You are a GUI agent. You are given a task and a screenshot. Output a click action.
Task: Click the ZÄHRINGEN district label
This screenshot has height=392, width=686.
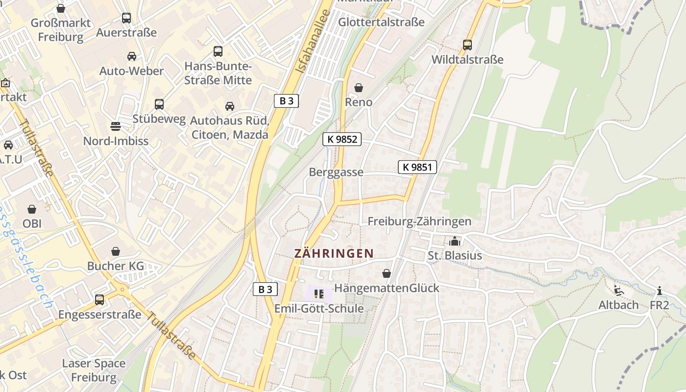334,253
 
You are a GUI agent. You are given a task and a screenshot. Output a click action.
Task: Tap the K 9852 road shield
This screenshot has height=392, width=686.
342,139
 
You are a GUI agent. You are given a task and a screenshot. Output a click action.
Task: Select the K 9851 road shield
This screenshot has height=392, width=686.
417,167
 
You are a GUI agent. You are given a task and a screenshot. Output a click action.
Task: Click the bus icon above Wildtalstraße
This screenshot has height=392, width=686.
467,45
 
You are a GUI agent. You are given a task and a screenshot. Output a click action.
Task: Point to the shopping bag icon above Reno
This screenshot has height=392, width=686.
359,88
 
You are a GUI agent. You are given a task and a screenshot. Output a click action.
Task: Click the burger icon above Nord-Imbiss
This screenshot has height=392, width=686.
116,126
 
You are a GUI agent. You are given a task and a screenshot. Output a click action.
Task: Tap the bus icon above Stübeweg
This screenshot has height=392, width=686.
159,104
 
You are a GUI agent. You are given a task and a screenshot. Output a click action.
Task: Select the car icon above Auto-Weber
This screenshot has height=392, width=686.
131,56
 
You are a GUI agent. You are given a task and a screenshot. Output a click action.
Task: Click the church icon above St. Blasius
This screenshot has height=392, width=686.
455,241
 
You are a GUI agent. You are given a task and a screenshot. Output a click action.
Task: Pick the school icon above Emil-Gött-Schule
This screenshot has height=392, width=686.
319,294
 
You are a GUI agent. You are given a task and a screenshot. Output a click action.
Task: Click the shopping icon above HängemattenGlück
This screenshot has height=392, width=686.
387,273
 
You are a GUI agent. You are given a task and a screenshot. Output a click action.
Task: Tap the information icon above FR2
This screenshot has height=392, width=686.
659,291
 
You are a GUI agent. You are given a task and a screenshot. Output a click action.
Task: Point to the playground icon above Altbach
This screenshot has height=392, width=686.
619,291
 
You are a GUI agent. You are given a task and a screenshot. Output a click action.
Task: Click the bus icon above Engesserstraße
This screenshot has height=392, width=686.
99,299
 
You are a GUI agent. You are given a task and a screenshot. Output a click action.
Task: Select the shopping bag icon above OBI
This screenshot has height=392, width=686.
32,209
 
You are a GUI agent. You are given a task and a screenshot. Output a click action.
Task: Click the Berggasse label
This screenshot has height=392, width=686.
336,172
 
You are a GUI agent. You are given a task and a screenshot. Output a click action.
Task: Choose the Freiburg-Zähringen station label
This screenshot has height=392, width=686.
419,221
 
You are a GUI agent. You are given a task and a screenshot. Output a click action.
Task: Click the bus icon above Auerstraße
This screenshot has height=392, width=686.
126,18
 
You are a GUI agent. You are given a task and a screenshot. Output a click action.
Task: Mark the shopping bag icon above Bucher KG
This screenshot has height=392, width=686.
116,251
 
